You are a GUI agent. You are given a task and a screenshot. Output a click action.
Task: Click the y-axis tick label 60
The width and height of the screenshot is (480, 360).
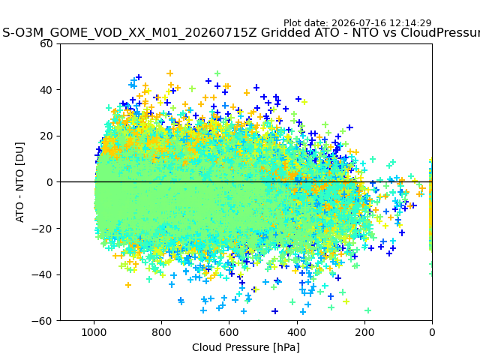coord(46,43)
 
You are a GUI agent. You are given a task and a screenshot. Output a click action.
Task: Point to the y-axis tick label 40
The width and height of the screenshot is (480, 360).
coord(46,90)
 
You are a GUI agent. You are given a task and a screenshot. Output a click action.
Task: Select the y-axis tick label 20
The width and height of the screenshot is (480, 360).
coord(46,136)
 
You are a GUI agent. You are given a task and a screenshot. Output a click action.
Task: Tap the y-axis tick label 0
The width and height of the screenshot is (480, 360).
coord(49,182)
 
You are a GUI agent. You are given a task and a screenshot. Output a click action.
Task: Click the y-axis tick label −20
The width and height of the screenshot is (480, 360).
coord(42,229)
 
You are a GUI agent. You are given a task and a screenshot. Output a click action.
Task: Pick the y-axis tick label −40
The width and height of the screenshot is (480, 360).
coord(42,275)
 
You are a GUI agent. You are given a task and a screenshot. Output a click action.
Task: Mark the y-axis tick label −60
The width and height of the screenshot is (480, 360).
coord(42,321)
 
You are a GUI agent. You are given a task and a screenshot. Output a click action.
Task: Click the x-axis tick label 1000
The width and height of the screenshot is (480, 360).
coord(94,332)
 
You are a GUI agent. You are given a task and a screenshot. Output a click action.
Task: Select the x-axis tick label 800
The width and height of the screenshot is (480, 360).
coord(162,332)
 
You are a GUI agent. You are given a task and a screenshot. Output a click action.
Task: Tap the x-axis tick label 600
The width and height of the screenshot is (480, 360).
coord(229,332)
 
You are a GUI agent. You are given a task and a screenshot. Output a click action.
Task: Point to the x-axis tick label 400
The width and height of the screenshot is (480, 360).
coord(297,332)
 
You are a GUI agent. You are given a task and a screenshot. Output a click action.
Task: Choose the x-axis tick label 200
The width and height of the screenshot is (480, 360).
coord(364,332)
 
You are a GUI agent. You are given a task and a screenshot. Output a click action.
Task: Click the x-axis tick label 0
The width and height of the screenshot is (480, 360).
coord(432,332)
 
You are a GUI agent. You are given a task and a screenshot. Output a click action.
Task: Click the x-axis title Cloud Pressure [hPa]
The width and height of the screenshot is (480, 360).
coord(246,348)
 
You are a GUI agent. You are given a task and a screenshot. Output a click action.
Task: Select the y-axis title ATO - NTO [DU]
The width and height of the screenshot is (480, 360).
coord(20,182)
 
